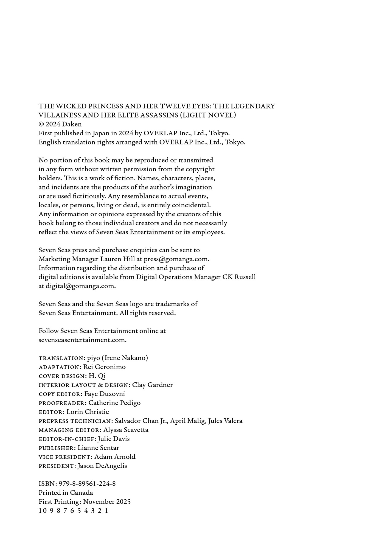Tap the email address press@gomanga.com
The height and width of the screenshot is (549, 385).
176,259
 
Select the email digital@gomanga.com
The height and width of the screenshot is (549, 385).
81,286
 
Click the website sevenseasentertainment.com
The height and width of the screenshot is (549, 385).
82,340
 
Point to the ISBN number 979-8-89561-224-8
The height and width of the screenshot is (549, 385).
87,484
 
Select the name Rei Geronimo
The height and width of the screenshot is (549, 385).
104,367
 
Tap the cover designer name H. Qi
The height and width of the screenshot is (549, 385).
97,376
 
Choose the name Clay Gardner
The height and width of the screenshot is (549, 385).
152,385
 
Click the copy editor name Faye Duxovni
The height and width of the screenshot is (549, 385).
105,394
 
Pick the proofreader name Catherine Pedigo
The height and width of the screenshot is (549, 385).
114,403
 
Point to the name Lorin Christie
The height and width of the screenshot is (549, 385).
88,412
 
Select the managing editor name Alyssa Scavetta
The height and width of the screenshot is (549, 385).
126,430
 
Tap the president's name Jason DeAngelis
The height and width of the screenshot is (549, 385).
102,466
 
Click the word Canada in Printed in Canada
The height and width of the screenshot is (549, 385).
82,493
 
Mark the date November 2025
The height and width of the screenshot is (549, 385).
107,502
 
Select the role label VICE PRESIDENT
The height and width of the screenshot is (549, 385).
65,457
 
